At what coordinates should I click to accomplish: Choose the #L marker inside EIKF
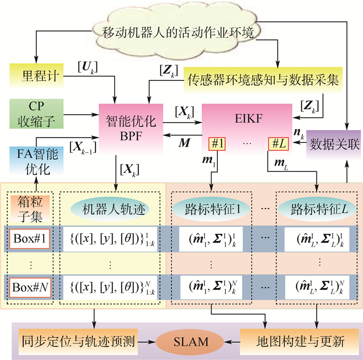tap(274, 143)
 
